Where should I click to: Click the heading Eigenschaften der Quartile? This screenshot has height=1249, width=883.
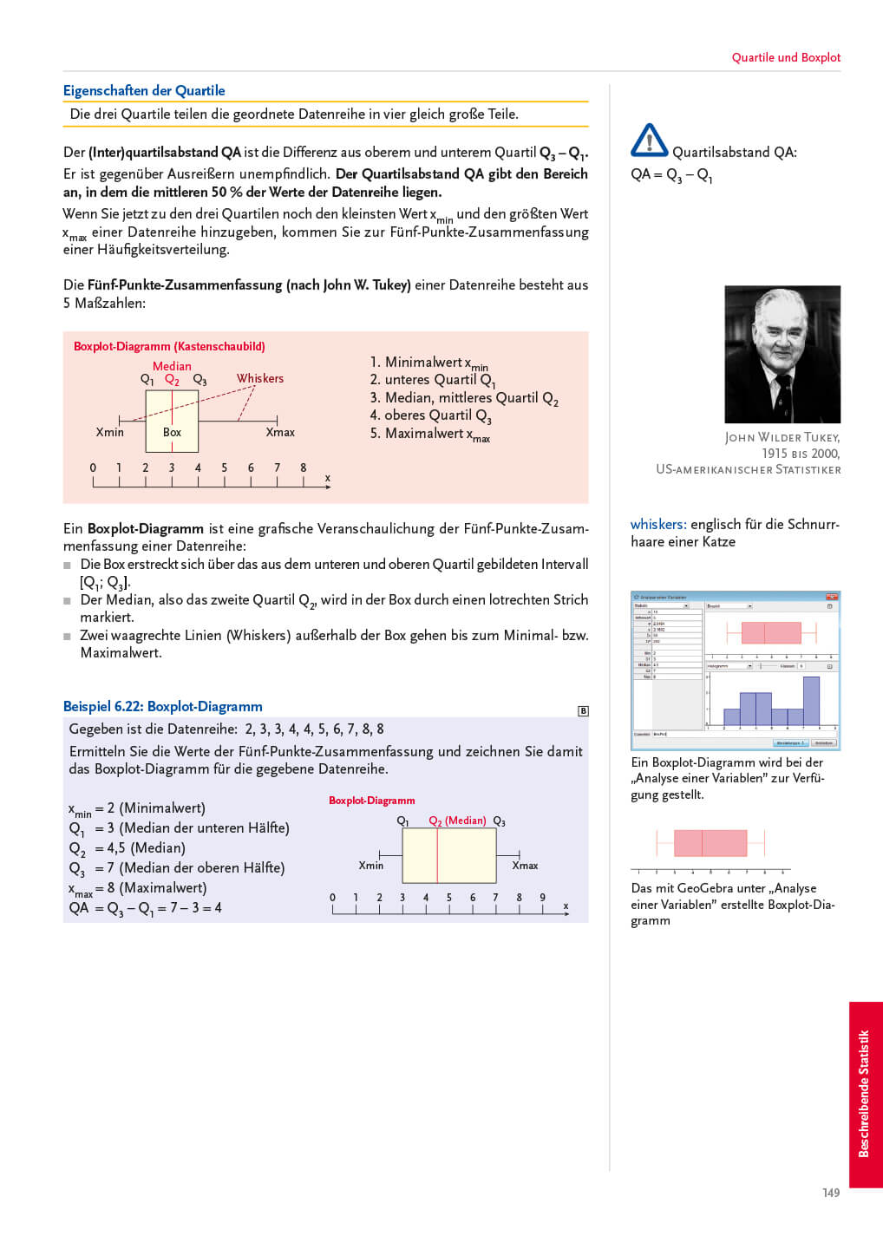144,90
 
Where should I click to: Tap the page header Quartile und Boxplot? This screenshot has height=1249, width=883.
786,57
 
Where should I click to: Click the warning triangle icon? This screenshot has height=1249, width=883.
649,141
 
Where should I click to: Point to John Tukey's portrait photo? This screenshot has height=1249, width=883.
782,354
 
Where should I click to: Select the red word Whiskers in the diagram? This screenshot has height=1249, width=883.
260,378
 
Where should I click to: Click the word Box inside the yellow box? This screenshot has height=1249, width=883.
172,432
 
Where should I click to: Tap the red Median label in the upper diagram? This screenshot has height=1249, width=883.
172,366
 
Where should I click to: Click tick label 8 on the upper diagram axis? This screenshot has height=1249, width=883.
304,468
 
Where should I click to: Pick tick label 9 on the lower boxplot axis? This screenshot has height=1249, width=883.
543,898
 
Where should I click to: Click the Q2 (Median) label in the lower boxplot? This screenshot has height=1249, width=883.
457,821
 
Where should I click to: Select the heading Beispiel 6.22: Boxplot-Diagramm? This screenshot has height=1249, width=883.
163,706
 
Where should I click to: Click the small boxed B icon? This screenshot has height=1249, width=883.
583,711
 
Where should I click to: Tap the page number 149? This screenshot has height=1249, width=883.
831,1193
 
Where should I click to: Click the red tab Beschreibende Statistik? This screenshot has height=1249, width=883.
865,1094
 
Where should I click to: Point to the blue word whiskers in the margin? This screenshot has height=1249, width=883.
658,524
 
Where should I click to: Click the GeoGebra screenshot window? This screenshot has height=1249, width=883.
736,670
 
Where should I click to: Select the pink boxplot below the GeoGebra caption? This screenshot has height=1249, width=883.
710,843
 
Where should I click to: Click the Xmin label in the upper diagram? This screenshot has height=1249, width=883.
110,432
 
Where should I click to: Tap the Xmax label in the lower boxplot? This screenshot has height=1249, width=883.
525,866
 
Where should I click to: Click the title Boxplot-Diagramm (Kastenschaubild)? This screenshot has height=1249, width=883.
169,346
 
